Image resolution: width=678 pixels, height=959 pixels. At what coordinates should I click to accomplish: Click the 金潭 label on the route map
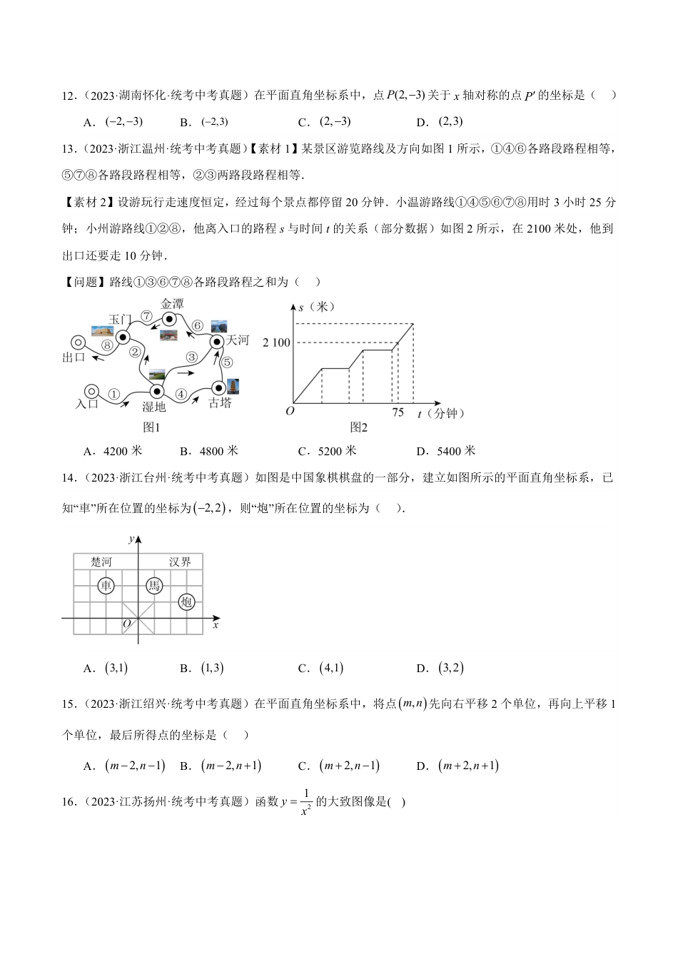(x=172, y=303)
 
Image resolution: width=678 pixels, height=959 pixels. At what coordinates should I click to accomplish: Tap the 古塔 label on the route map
(x=220, y=403)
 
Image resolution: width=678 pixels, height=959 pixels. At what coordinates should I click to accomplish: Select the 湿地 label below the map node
(x=153, y=407)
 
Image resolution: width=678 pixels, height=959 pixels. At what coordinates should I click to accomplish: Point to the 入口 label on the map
(x=86, y=404)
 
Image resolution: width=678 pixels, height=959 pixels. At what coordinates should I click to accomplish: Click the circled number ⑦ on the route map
(x=146, y=315)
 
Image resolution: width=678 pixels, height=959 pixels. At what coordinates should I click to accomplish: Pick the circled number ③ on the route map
(x=191, y=357)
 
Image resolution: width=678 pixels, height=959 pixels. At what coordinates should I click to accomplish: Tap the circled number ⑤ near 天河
(x=227, y=362)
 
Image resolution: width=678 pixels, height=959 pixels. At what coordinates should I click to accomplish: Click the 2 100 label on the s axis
(x=277, y=342)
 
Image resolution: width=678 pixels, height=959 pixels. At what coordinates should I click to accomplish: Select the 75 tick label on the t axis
(x=398, y=412)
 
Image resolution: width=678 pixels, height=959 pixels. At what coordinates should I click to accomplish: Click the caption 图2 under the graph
(x=358, y=427)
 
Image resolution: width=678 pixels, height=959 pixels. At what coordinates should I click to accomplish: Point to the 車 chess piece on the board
(x=106, y=586)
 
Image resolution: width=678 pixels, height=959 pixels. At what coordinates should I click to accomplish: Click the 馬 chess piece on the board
(x=154, y=586)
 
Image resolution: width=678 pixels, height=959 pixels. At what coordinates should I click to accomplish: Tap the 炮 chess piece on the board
(x=187, y=602)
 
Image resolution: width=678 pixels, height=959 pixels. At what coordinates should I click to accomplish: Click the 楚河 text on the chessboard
(x=101, y=562)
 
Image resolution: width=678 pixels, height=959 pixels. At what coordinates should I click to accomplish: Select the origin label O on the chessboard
(x=126, y=624)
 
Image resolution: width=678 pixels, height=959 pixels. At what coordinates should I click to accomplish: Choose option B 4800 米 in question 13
(x=208, y=451)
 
